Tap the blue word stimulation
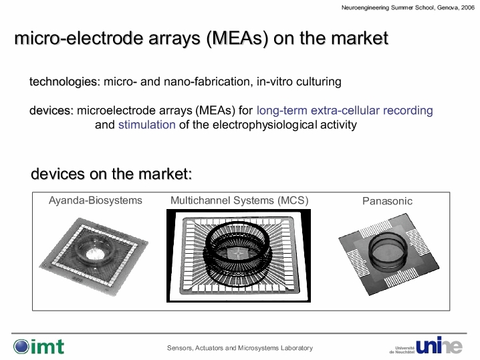tap(147, 125)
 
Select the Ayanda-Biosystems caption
tap(96, 200)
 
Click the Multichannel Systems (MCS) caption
tap(239, 200)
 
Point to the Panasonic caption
tap(387, 201)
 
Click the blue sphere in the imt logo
tap(21, 347)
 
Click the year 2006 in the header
tap(468, 7)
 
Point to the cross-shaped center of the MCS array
tap(238, 254)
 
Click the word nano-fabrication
tap(209, 81)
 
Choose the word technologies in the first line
tap(65, 82)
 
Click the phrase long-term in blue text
tap(282, 110)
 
